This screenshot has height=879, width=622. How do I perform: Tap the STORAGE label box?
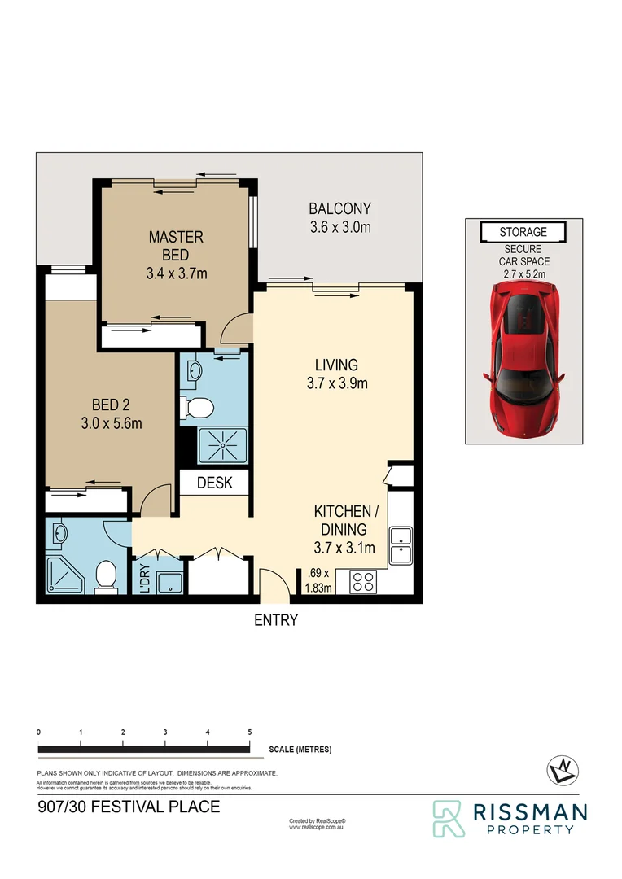pos(523,233)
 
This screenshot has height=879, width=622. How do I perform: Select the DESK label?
pos(214,483)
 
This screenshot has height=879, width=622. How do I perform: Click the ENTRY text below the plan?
pos(276,620)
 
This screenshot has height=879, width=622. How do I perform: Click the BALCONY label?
pos(339,218)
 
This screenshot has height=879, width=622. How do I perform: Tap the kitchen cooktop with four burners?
pos(362,581)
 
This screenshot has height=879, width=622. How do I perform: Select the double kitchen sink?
pos(401,545)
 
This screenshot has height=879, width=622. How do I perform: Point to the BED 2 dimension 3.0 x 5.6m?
pos(112,423)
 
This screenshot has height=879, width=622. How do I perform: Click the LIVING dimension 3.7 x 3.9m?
pos(337,383)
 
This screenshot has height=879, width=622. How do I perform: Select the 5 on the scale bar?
pos(249,733)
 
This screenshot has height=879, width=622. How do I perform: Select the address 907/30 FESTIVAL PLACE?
pos(129,807)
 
